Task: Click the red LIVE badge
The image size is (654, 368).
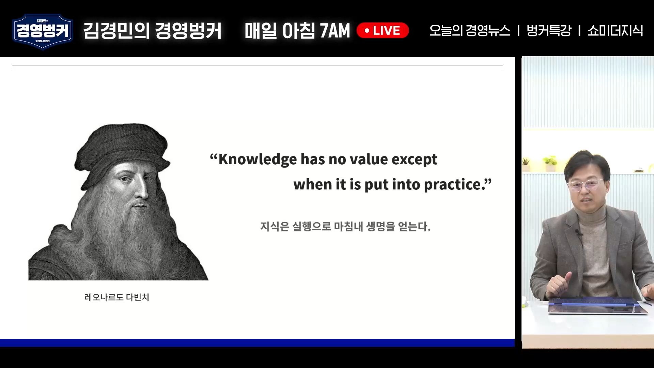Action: tap(383, 30)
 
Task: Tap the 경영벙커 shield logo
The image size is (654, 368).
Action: tap(43, 32)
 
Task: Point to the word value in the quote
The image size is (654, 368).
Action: tap(369, 159)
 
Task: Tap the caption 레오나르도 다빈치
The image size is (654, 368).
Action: tap(117, 297)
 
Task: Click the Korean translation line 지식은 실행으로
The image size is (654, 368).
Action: tap(345, 226)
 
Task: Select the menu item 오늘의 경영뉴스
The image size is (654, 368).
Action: tap(470, 30)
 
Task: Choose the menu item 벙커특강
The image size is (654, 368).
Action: tap(549, 30)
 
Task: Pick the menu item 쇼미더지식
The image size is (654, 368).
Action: tap(615, 30)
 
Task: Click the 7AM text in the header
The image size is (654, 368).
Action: tap(335, 31)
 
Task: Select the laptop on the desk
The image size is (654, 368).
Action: tap(598, 307)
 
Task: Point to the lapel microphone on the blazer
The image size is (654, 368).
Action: tap(578, 233)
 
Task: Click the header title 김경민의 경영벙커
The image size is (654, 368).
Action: tap(152, 31)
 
